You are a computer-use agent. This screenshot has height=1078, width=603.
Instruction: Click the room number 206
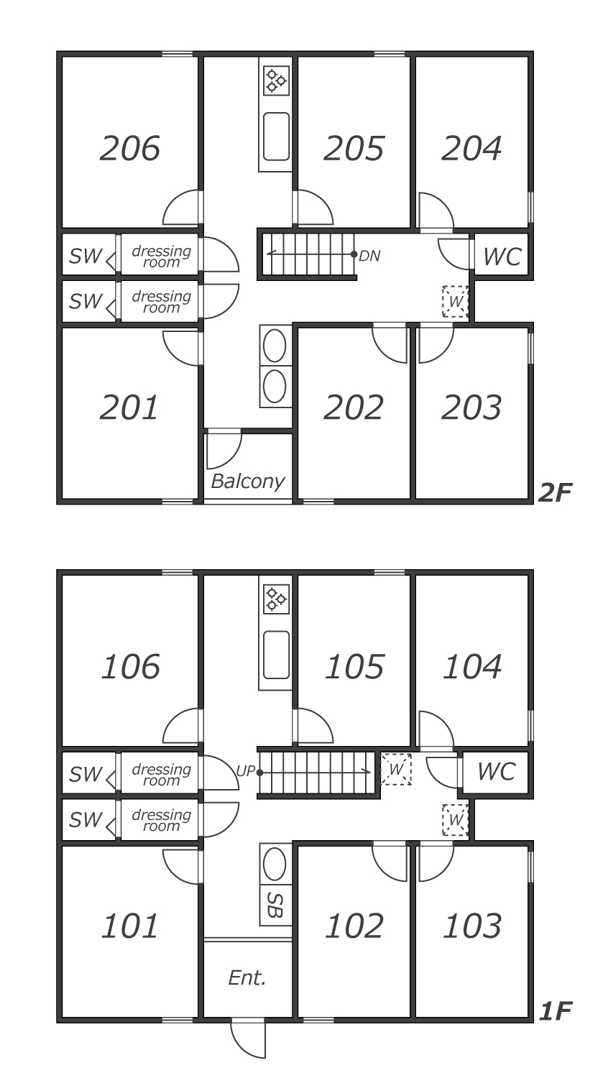pos(129,149)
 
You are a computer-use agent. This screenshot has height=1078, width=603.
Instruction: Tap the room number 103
pos(471,926)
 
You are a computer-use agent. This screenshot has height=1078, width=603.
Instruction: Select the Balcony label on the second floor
pos(247,481)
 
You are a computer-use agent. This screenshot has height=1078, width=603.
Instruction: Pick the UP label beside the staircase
pos(246,772)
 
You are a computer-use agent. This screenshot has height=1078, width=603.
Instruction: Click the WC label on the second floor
pos(502,257)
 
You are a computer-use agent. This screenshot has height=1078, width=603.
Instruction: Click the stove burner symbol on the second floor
pos(276,80)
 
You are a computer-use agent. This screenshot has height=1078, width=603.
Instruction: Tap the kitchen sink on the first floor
pos(276,655)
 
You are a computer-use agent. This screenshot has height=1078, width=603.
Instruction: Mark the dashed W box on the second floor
pos(455,302)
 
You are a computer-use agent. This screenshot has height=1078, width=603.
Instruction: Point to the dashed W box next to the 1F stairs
pos(396,769)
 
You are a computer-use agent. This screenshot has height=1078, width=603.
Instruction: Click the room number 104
pos(471,667)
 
